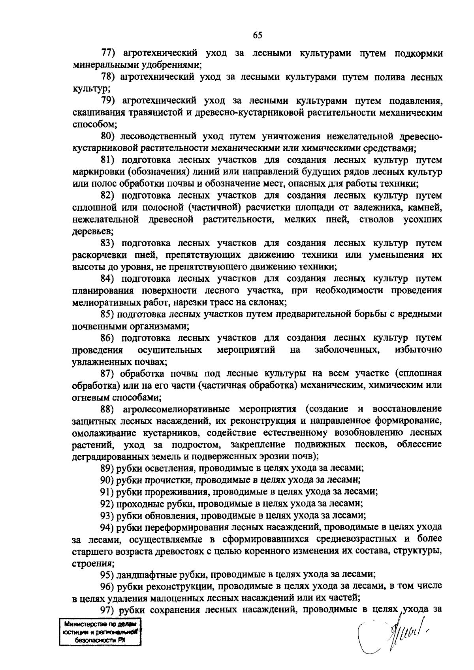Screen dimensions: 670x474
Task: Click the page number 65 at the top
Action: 258,36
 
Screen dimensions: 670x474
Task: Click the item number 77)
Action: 108,54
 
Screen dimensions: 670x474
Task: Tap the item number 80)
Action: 107,137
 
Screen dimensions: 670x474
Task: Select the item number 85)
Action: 107,314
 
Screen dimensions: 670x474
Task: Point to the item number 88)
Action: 107,409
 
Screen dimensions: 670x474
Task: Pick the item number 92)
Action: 107,504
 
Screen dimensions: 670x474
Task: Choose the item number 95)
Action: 107,575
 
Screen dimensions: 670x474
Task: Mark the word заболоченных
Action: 347,350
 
